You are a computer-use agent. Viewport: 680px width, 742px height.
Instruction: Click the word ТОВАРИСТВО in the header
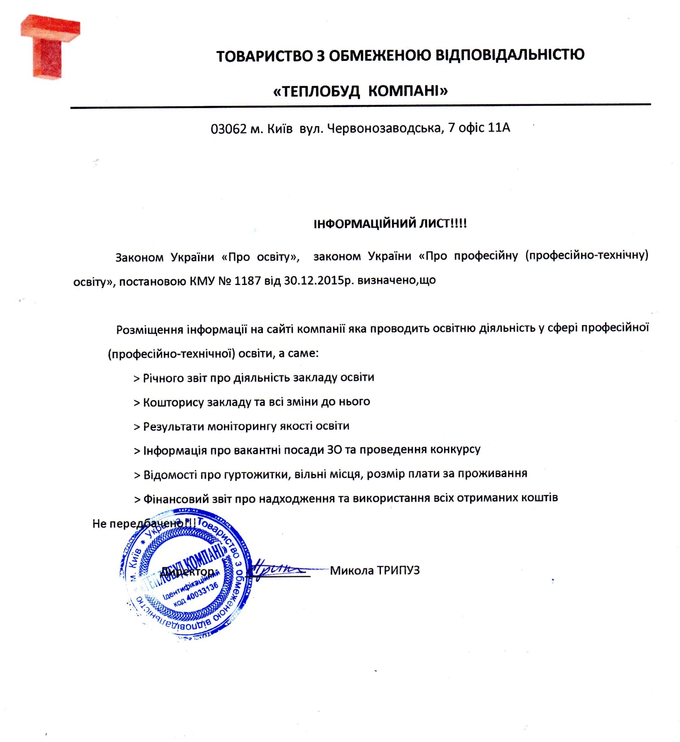(264, 56)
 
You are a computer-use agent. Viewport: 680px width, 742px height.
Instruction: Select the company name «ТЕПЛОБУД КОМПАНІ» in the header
(360, 91)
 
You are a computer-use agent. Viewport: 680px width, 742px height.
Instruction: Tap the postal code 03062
(228, 129)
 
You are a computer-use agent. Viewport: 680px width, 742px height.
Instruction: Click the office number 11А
(499, 127)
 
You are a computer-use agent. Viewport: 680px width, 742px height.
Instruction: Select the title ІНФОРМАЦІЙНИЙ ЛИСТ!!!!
(390, 223)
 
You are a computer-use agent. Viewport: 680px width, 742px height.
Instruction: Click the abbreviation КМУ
(202, 281)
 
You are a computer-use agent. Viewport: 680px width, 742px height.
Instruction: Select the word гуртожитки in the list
(256, 475)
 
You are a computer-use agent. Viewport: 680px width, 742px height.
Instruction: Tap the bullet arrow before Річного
(137, 379)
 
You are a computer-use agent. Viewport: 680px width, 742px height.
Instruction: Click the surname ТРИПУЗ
(399, 570)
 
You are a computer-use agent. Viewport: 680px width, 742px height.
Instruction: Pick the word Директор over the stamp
(188, 572)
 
